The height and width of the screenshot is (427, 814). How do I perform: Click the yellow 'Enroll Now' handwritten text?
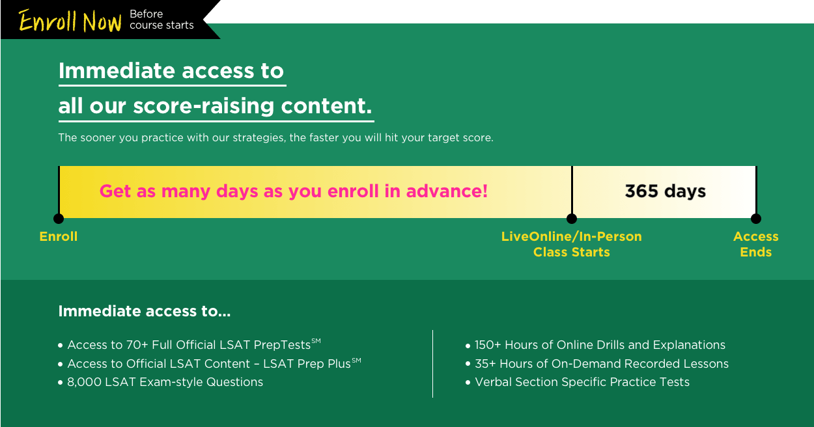(x=70, y=20)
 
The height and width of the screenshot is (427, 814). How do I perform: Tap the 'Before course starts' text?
(x=161, y=20)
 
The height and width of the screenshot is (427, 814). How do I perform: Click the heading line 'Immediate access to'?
(x=171, y=70)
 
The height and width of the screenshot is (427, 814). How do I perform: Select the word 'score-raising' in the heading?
(x=203, y=106)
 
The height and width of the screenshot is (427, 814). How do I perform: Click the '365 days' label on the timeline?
(x=665, y=191)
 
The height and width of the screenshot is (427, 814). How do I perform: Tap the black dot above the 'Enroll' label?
(x=59, y=219)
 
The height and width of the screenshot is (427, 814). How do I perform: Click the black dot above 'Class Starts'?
(x=572, y=219)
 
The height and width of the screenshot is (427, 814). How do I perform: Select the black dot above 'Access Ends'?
(x=756, y=219)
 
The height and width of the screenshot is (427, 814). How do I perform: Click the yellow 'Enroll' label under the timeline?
(x=59, y=236)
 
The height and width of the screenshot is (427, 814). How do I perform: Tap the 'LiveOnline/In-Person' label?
(x=571, y=236)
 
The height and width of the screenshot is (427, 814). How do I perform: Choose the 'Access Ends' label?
(x=756, y=244)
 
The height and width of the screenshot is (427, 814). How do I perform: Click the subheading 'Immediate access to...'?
(x=145, y=311)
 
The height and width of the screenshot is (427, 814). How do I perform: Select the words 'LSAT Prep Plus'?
(x=307, y=364)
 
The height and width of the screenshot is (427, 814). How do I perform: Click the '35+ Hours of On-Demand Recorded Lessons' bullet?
(x=602, y=364)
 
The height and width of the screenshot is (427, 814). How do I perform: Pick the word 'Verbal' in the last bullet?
(x=494, y=382)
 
